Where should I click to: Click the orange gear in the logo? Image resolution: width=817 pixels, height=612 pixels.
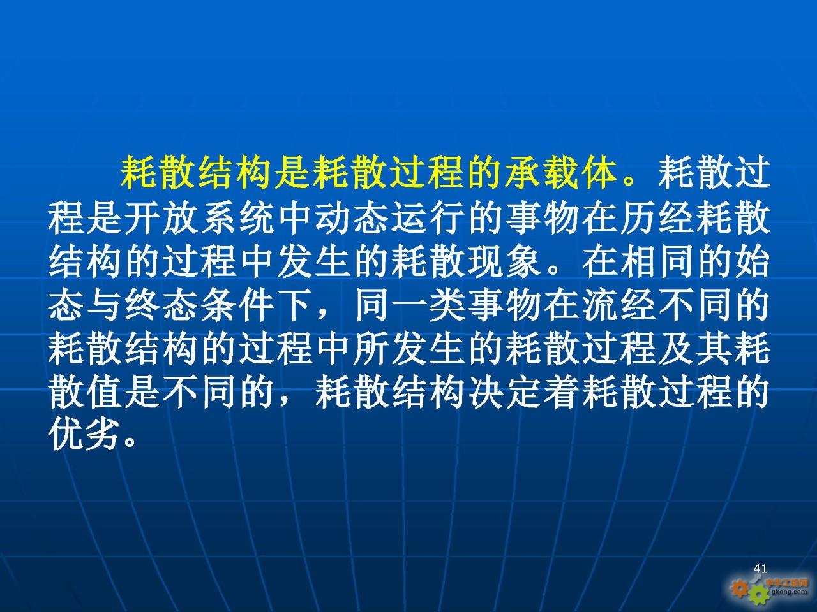(740, 588)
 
